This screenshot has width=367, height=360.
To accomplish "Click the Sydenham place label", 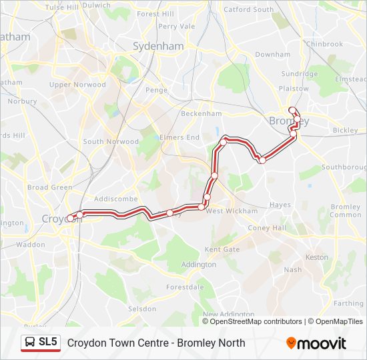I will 158,47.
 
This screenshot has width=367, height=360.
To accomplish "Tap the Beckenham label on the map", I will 200,113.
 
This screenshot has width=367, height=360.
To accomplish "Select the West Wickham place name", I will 232,211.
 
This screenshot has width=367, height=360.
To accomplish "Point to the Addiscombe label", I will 115,199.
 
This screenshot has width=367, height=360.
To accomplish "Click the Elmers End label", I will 179,137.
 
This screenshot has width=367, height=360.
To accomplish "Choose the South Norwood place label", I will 111,141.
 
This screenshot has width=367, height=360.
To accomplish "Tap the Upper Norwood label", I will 77,85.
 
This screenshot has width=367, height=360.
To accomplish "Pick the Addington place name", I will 198,264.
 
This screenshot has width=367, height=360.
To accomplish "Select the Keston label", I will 316,257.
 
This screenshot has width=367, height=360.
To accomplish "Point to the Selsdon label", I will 142,309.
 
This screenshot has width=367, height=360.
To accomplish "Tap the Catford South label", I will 248,9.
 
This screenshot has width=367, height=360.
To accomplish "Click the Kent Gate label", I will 222,249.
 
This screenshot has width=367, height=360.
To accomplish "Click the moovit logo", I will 316,343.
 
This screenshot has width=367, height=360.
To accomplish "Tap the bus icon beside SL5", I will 31,343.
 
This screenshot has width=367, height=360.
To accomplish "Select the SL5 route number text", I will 49,343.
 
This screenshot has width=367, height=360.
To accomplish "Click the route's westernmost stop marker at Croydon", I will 70,218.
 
